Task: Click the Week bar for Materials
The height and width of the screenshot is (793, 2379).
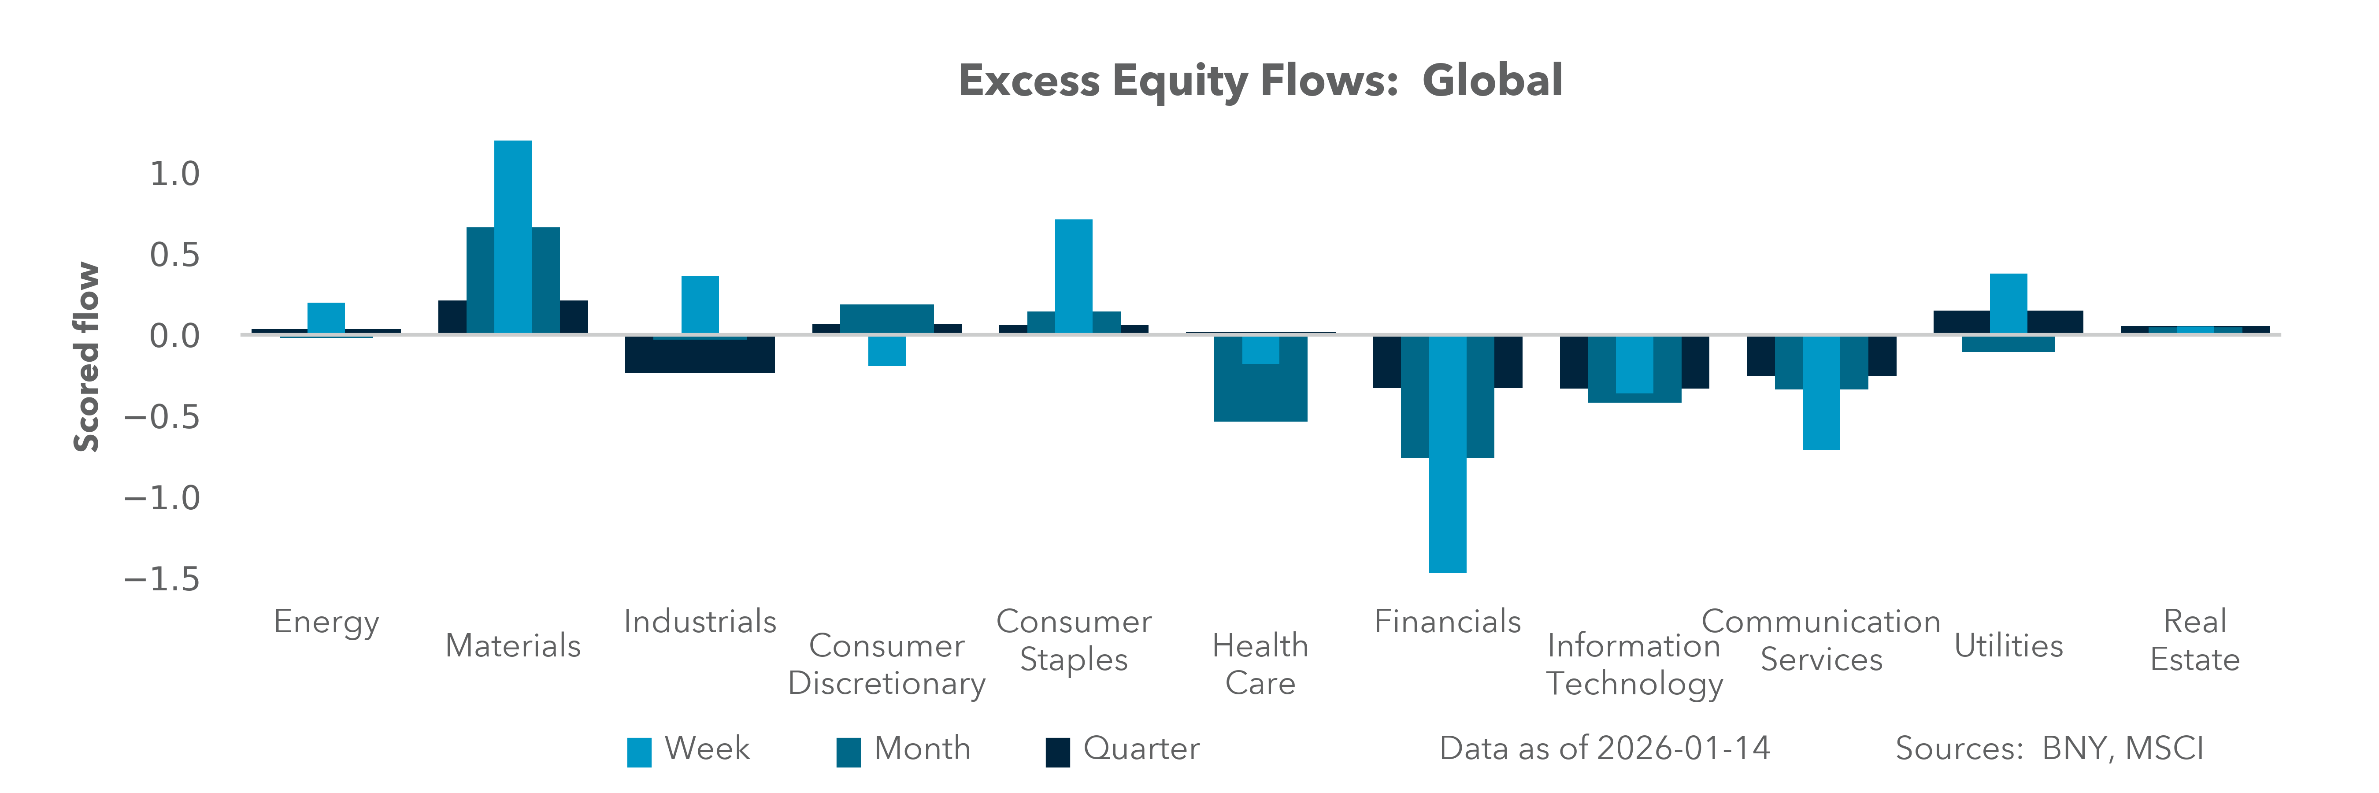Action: click(x=512, y=236)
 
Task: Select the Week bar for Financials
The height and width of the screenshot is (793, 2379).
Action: click(x=1447, y=454)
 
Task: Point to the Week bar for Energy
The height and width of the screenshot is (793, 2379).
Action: click(x=326, y=318)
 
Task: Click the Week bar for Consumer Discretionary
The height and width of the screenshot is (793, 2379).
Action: click(x=886, y=351)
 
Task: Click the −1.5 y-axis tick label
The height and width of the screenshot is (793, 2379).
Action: click(x=163, y=579)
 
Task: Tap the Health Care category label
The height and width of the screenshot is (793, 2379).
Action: click(x=1260, y=664)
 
